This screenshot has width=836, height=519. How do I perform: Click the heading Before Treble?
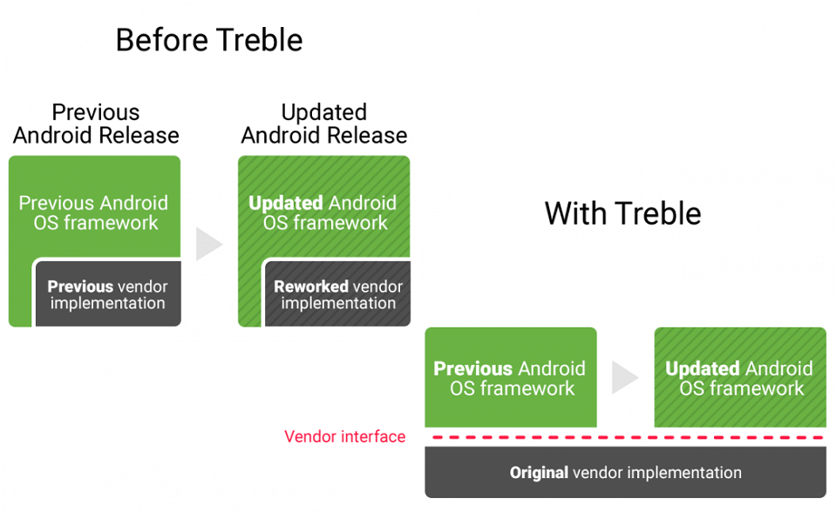pyautogui.click(x=209, y=41)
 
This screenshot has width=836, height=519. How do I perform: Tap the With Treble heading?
pyautogui.click(x=622, y=213)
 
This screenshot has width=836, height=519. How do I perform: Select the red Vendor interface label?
pyautogui.click(x=345, y=437)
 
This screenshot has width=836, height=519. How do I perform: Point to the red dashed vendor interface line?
pyautogui.click(x=629, y=437)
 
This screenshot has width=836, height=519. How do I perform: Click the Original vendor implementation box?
pyautogui.click(x=625, y=472)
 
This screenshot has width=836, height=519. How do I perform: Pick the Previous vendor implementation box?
pyautogui.click(x=108, y=293)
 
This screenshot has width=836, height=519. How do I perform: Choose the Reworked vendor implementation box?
pyautogui.click(x=338, y=293)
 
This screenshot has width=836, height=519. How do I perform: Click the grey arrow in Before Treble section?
pyautogui.click(x=208, y=244)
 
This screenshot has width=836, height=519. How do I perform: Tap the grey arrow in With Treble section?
pyautogui.click(x=625, y=377)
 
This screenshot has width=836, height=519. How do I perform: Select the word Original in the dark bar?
pyautogui.click(x=539, y=473)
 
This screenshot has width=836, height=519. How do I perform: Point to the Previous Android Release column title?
pyautogui.click(x=96, y=124)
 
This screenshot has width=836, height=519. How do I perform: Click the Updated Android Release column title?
pyautogui.click(x=324, y=124)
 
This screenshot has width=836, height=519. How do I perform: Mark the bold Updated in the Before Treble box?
pyautogui.click(x=286, y=203)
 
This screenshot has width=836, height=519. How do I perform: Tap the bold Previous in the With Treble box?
pyautogui.click(x=472, y=368)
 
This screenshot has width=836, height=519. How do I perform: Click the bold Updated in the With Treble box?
pyautogui.click(x=703, y=368)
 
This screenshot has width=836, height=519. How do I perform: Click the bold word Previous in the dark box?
pyautogui.click(x=80, y=286)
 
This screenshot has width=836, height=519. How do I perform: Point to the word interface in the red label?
pyautogui.click(x=373, y=437)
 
